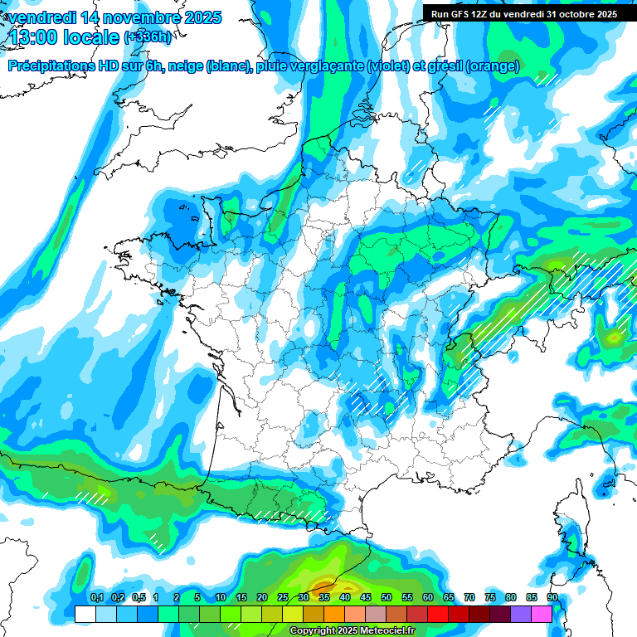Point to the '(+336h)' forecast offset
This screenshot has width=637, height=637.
[x=148, y=37]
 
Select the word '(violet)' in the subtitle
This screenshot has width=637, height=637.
[x=389, y=66]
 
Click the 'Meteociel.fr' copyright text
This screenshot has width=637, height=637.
[x=381, y=631]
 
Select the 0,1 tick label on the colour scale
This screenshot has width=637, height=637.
[x=96, y=598]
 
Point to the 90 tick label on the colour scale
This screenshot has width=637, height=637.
[x=552, y=598]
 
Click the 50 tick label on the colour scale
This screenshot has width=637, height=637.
[x=387, y=598]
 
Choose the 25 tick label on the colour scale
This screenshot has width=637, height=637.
[x=283, y=598]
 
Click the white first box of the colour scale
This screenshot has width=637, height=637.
[x=85, y=614]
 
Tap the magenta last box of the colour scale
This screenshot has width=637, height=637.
[x=542, y=614]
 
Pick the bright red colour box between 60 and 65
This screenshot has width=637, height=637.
[x=438, y=614]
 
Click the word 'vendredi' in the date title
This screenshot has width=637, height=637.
[x=41, y=17]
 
